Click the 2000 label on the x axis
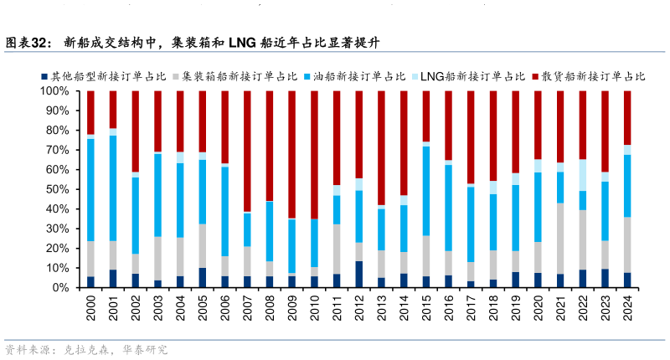pyautogui.click(x=90, y=312)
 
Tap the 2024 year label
pyautogui.click(x=627, y=312)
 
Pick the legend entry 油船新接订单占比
pyautogui.click(x=355, y=76)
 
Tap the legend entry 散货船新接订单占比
pyautogui.click(x=590, y=76)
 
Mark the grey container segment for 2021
pyautogui.click(x=560, y=239)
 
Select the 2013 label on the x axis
pyautogui.click(x=381, y=312)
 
